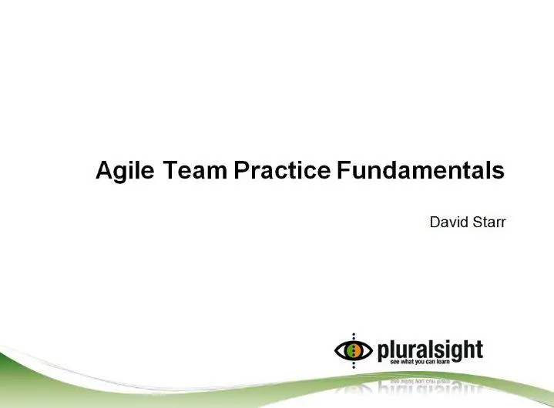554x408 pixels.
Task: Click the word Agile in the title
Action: [x=125, y=171]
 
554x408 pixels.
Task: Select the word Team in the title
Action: [x=195, y=170]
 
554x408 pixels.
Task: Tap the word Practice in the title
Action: [x=282, y=170]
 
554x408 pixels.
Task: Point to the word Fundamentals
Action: [x=421, y=170]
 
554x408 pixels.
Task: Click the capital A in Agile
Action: [x=104, y=170]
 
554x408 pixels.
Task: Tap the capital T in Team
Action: [x=170, y=170]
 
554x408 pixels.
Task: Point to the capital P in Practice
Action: [x=242, y=170]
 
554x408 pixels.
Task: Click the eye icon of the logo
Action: [x=354, y=350]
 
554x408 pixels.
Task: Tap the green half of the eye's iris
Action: [x=351, y=350]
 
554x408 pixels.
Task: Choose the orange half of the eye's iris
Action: [x=357, y=350]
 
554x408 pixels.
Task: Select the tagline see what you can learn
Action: [x=420, y=362]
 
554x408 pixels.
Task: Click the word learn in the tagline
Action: [x=443, y=362]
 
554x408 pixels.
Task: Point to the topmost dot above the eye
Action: [x=354, y=334]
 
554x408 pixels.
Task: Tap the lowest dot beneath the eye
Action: [x=354, y=367]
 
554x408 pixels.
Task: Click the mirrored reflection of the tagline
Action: [x=420, y=382]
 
